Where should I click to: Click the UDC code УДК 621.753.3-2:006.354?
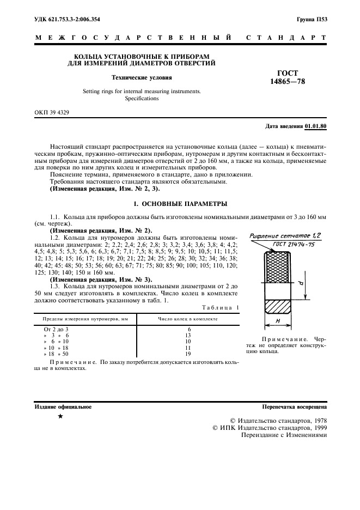(67, 20)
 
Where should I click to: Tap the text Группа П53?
(312, 20)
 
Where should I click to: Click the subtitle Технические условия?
(142, 77)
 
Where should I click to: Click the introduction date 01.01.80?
(316, 126)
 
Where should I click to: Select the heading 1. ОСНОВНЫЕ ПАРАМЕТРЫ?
(180, 204)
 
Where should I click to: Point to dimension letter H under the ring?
(278, 321)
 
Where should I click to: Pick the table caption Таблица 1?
(220, 308)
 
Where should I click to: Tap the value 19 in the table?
(188, 354)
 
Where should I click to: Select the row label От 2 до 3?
(56, 330)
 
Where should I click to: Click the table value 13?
(188, 336)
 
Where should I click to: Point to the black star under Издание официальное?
(60, 417)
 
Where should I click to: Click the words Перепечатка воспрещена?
(294, 406)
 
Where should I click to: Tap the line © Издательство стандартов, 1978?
(278, 421)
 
